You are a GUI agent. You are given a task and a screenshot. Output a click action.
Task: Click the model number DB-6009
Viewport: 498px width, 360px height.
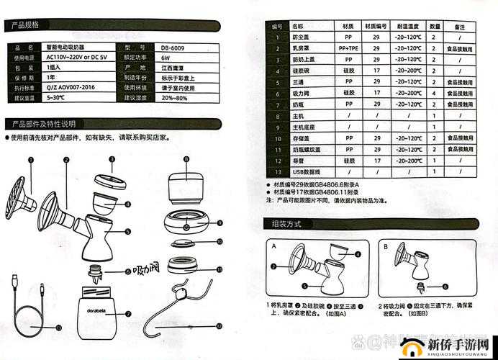169,47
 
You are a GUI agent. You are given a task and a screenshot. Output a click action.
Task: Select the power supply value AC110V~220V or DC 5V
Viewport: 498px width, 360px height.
76,57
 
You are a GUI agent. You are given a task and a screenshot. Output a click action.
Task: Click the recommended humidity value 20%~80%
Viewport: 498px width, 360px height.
173,97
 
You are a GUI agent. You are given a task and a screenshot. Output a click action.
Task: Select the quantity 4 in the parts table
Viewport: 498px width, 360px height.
434,93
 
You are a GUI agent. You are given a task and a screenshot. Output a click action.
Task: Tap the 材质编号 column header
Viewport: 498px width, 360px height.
376,26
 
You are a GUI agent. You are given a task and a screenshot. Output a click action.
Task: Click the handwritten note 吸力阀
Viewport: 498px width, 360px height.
147,270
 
